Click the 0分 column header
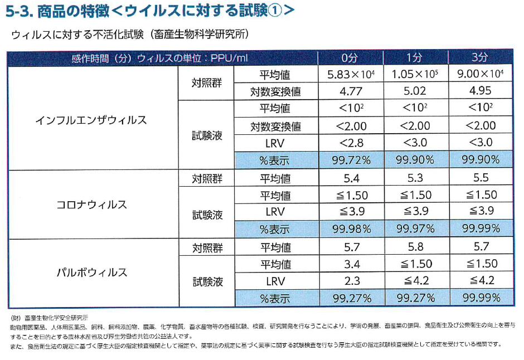pos(351,58)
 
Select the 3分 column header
pos(479,58)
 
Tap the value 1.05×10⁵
pos(414,75)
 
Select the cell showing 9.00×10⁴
pos(479,75)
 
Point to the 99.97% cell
pos(414,228)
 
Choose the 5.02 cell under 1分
pos(414,91)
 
